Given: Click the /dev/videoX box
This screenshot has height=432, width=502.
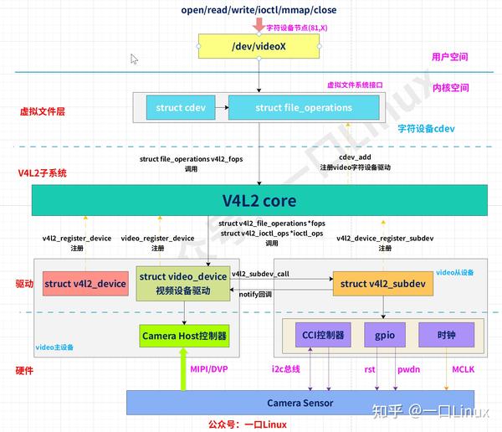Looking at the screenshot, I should [x=258, y=46].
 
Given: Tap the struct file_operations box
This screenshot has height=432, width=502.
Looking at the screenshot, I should [x=303, y=107].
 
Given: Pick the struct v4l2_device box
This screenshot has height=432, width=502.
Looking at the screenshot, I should [x=85, y=284].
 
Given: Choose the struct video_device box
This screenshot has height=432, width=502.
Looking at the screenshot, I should [x=183, y=284].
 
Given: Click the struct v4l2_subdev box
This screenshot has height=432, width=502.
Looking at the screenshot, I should [x=383, y=284].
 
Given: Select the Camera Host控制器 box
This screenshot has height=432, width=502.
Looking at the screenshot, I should [x=184, y=336].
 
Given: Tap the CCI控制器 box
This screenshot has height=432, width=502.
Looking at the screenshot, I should [x=323, y=336].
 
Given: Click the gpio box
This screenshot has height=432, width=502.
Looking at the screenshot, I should [x=384, y=336].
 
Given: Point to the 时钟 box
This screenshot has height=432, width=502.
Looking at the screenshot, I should [x=446, y=336].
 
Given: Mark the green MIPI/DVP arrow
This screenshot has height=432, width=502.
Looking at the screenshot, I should [x=184, y=368].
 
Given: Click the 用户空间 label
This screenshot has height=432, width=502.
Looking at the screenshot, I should [x=449, y=58].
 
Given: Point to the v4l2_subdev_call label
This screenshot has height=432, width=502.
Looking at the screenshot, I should [x=260, y=274].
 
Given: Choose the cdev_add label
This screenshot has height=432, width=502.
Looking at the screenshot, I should [x=355, y=157].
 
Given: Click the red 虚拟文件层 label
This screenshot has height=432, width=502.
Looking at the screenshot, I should [x=43, y=111].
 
